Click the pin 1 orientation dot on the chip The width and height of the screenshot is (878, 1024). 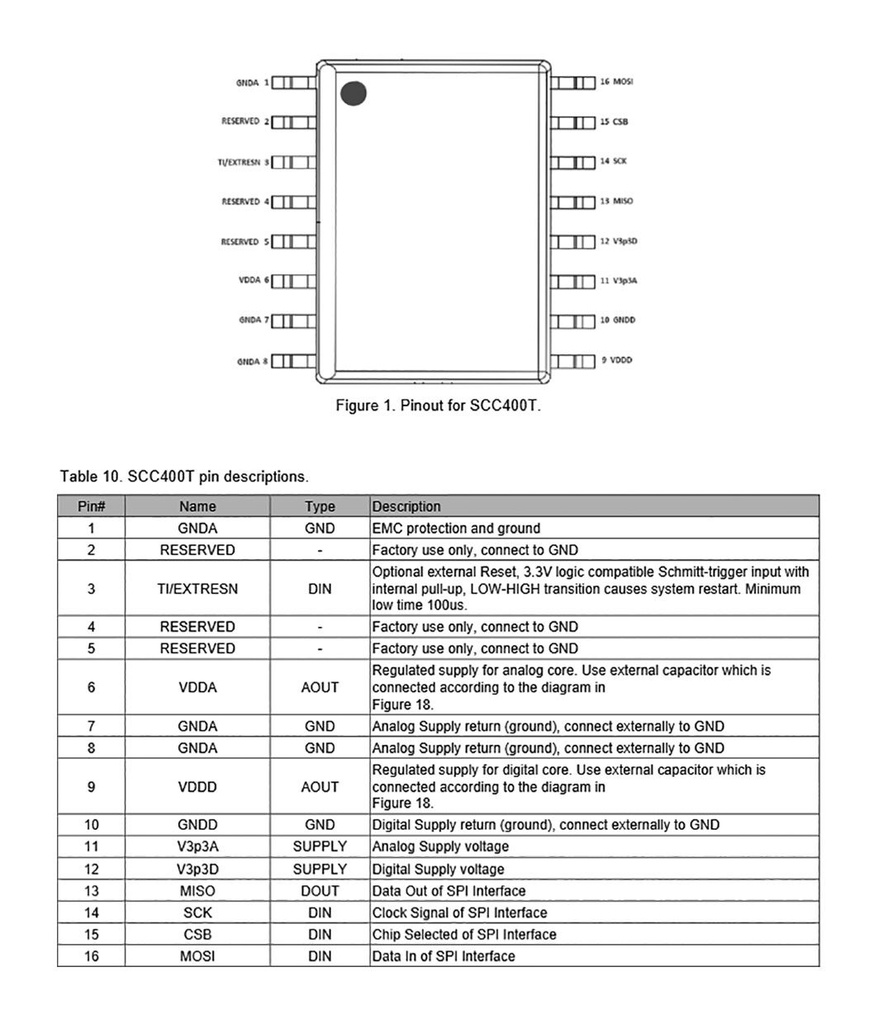(353, 94)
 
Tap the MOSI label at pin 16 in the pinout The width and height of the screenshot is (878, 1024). (621, 81)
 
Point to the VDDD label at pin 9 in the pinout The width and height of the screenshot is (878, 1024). (621, 360)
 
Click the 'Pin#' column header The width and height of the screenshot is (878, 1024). (92, 507)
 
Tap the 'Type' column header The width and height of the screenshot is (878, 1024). (320, 507)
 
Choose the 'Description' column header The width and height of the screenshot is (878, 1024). (406, 507)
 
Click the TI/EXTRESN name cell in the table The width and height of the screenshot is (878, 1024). (198, 589)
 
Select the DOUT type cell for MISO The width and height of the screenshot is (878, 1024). (320, 891)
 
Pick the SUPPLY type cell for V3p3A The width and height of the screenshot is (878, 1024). (320, 847)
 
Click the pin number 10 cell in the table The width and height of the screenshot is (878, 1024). (92, 825)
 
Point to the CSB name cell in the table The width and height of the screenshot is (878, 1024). (198, 935)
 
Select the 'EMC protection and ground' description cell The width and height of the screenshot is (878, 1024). (456, 528)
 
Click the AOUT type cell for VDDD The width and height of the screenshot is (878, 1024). (320, 787)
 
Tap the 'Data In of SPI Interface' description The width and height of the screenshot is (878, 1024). (444, 957)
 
